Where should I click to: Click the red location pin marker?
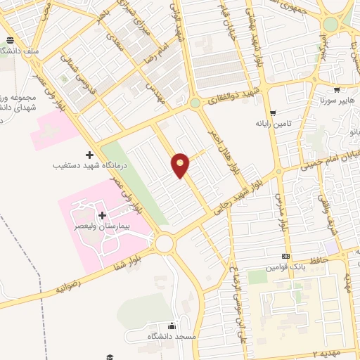181,165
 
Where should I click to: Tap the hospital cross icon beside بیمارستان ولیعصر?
103,215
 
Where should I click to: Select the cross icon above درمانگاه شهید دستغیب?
89,155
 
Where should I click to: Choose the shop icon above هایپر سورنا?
337,90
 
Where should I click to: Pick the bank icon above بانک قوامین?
285,257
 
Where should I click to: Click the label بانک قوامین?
284,268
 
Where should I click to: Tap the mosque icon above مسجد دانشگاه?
172,326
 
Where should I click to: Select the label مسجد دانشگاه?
170,337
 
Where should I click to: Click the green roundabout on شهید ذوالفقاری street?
194,103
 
